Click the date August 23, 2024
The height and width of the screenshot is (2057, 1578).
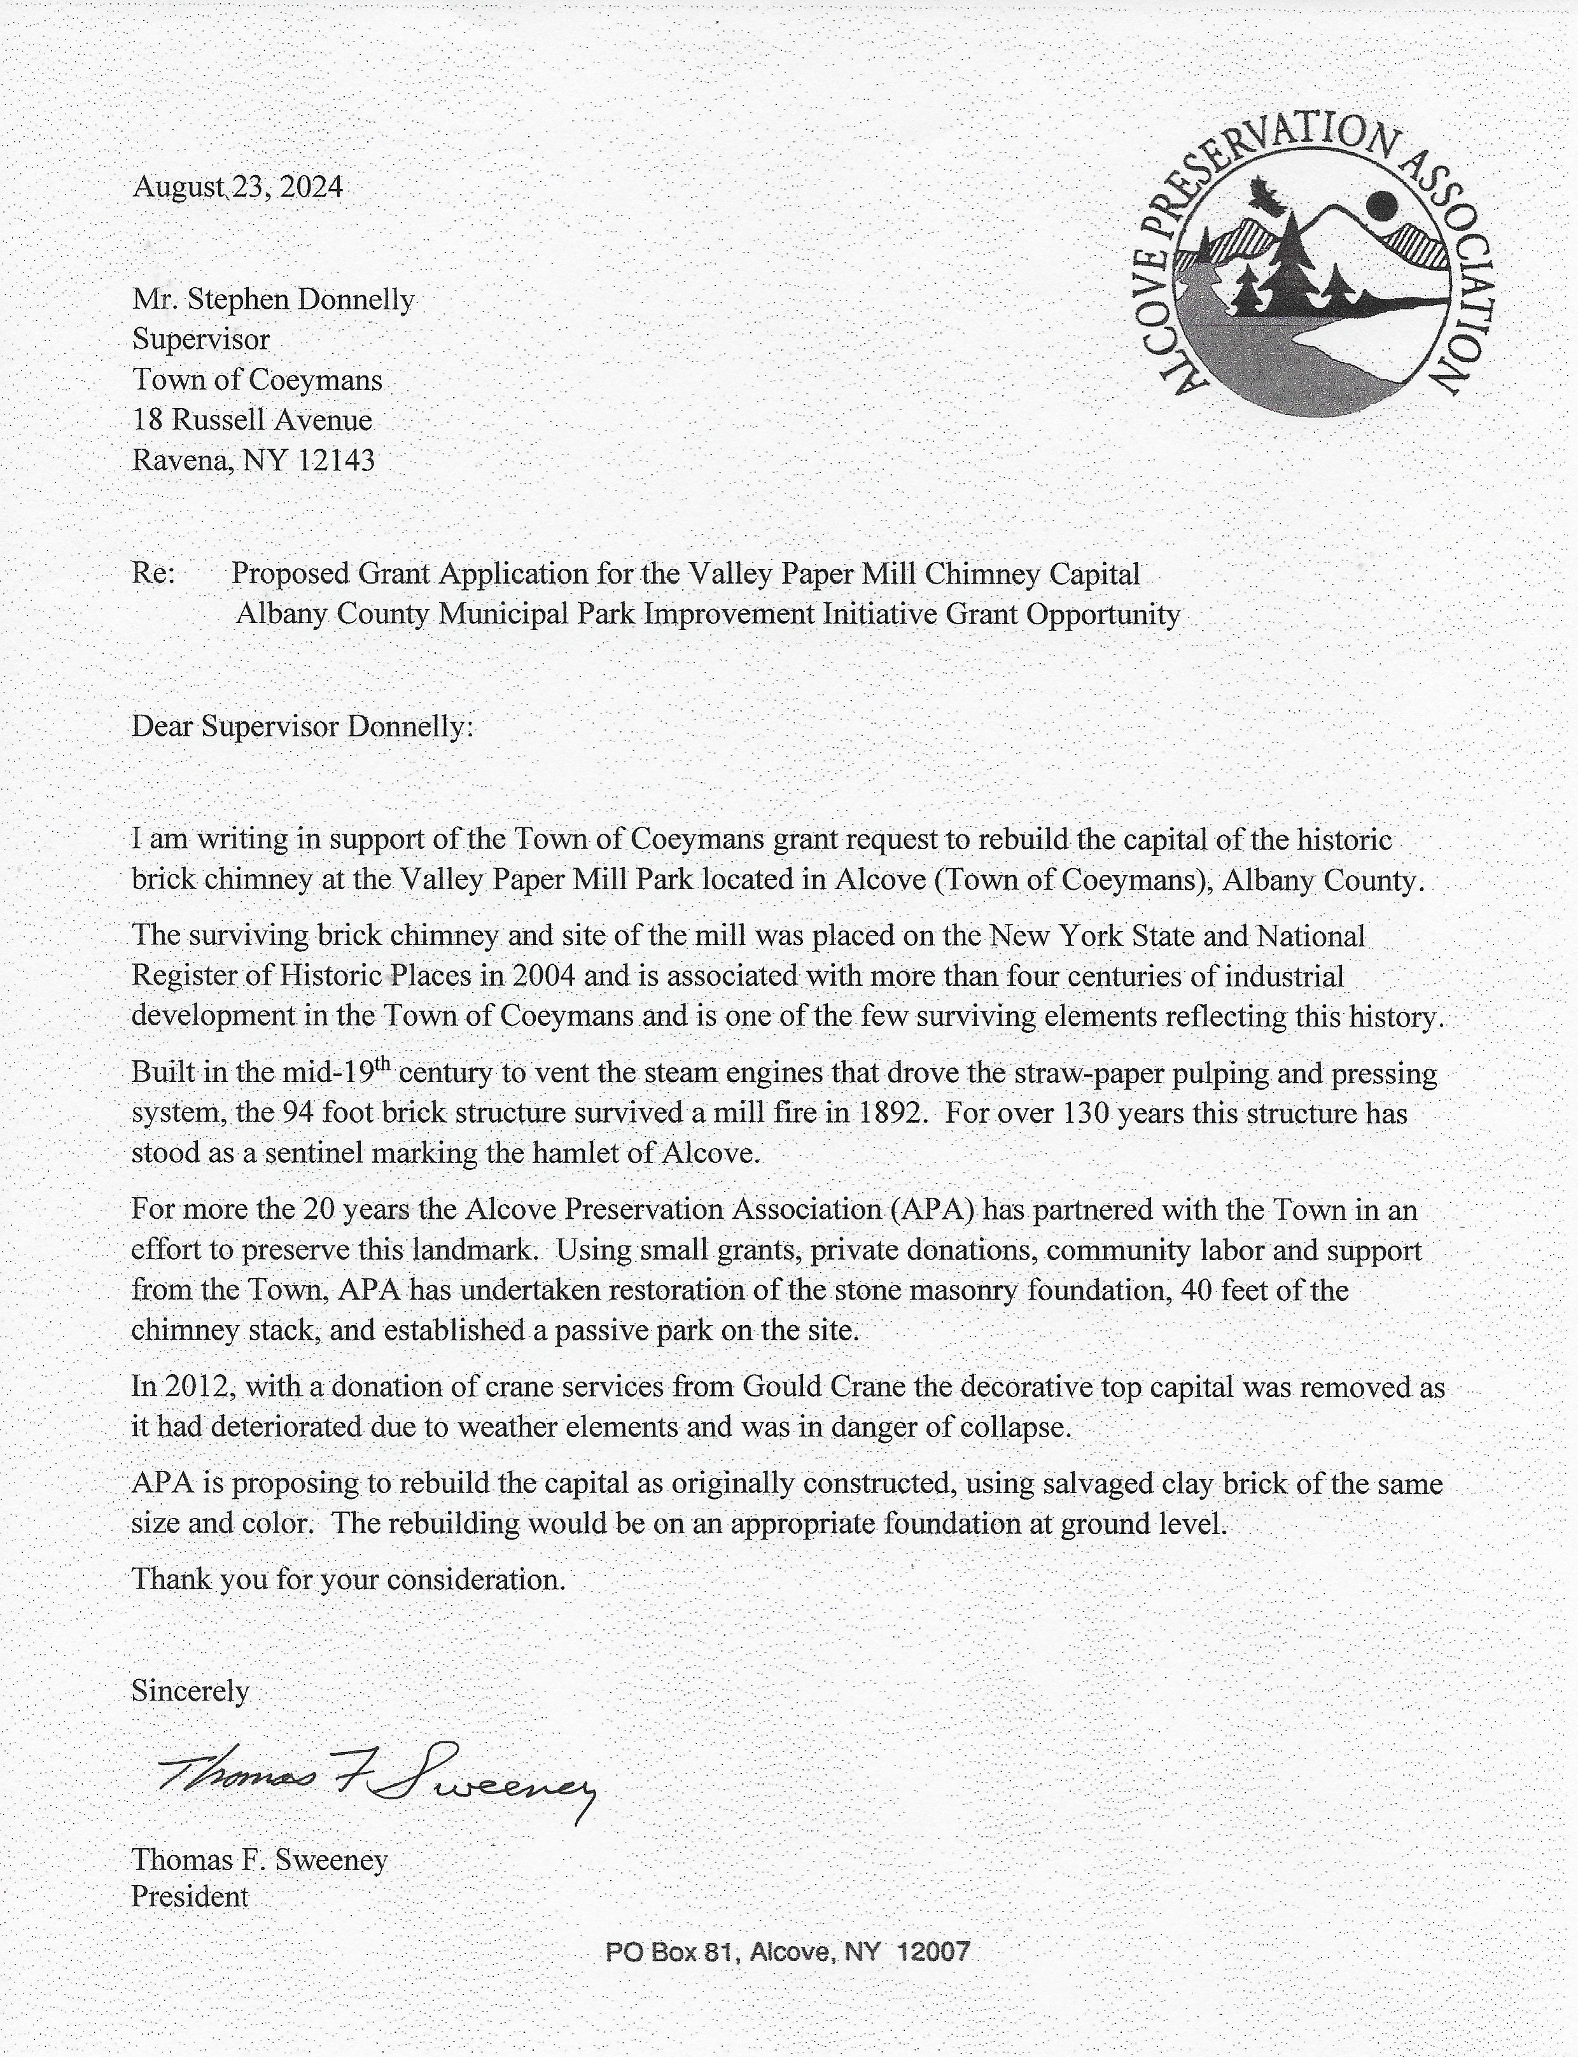(x=237, y=187)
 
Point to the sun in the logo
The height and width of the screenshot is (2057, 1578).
(x=1383, y=204)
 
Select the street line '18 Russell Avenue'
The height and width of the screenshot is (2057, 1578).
(x=252, y=420)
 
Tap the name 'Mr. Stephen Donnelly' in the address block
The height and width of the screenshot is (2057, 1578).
(x=272, y=300)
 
